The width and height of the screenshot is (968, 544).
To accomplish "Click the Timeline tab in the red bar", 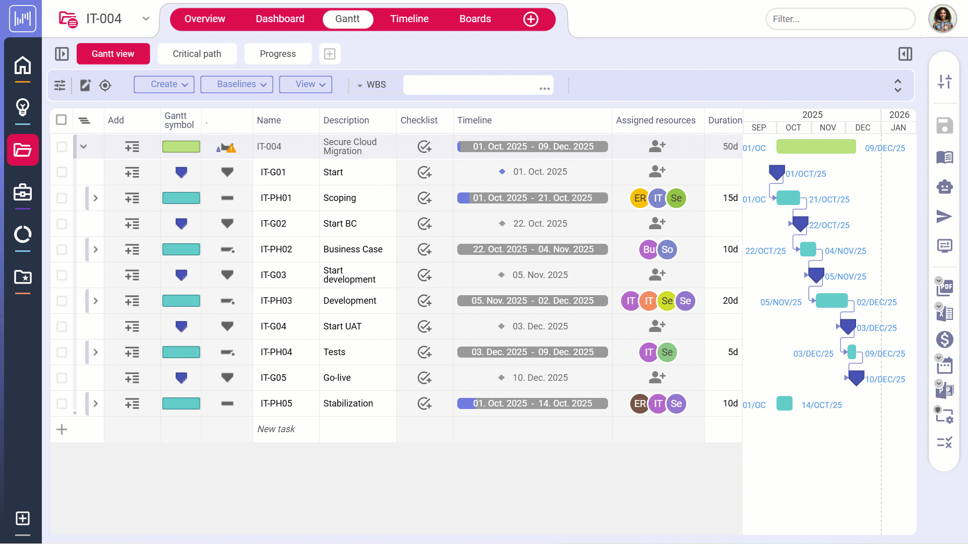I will coord(409,19).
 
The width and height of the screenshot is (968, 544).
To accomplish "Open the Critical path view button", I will coord(197,54).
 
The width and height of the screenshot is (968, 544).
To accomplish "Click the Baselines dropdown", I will coord(236,84).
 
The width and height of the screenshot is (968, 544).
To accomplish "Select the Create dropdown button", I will coord(164,84).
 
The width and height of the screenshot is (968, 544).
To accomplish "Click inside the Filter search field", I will coord(839,19).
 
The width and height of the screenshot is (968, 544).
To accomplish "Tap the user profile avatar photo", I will coord(942,19).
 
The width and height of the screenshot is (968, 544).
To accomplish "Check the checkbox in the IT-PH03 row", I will coord(62,301).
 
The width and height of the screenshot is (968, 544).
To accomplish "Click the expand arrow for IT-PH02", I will coord(95,250).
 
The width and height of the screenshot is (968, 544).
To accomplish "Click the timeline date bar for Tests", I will coord(532,352).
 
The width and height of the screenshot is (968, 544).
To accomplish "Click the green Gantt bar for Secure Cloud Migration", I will coord(816,147).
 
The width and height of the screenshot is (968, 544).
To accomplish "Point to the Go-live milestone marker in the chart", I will coord(856,378).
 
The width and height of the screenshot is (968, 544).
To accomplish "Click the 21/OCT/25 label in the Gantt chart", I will coord(829,200).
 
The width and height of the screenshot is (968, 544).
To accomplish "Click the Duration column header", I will coord(724,120).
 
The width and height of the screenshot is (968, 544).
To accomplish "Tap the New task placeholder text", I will coord(276,429).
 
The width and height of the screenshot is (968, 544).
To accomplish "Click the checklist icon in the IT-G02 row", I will coord(425,224).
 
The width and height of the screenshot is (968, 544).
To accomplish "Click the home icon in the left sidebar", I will coord(23,65).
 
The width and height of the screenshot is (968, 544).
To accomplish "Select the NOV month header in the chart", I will coord(827,128).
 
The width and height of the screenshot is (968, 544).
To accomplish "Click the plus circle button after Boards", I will coord(530,19).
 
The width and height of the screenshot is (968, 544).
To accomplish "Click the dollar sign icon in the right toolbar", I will coord(944,339).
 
